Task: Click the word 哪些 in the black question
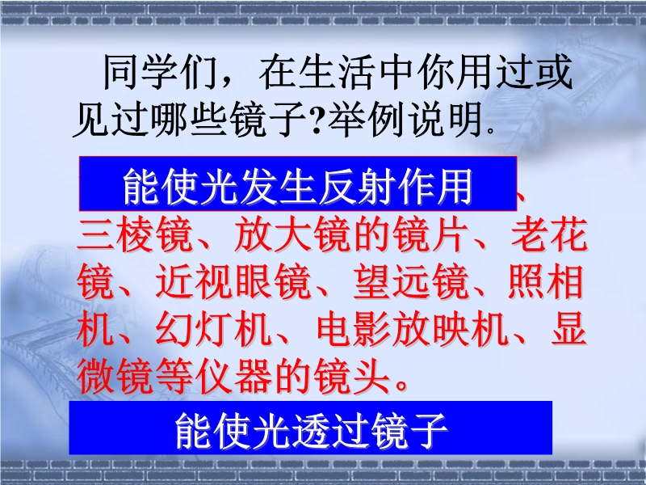click(189, 120)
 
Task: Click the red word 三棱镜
click(135, 235)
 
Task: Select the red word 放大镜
click(293, 235)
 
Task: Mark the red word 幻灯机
click(214, 330)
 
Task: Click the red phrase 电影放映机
click(411, 330)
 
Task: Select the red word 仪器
click(233, 377)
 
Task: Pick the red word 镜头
click(352, 377)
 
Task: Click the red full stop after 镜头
click(401, 386)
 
